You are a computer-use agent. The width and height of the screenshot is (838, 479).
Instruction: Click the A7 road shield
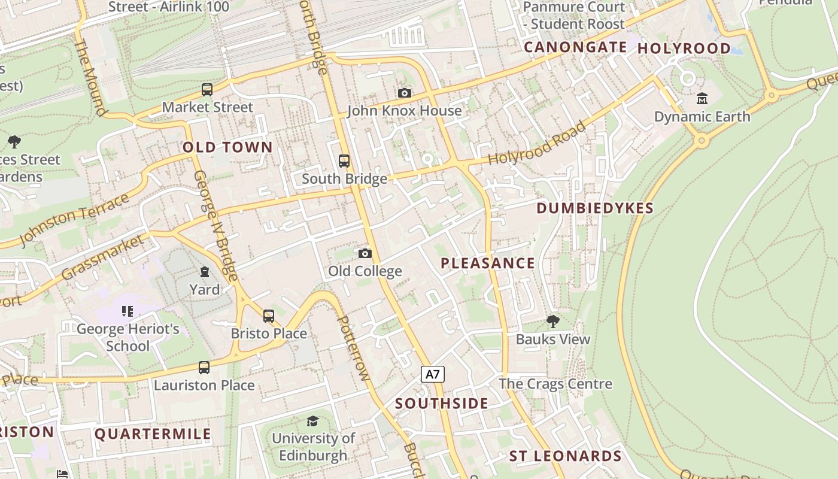click(x=433, y=375)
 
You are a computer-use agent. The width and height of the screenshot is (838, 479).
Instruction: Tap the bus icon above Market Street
click(x=207, y=90)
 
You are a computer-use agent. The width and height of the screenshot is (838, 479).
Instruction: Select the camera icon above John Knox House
click(x=405, y=93)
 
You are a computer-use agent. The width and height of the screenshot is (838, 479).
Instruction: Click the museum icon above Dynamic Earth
click(x=702, y=98)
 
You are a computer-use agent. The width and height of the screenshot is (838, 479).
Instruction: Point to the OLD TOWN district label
click(x=227, y=147)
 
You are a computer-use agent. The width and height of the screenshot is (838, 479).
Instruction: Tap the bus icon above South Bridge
click(x=344, y=160)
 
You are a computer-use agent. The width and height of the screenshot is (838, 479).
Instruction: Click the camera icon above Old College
click(x=365, y=253)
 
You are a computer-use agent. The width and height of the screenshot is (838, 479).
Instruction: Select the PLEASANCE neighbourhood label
click(x=488, y=263)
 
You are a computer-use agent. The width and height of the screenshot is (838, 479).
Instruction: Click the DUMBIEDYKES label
click(x=595, y=208)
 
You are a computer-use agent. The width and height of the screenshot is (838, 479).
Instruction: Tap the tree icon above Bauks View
click(x=553, y=322)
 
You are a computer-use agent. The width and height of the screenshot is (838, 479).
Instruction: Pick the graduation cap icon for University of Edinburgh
click(x=312, y=421)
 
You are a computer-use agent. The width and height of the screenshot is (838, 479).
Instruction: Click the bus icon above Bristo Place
click(x=269, y=316)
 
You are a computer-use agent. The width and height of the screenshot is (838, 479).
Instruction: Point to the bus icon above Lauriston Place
click(x=204, y=367)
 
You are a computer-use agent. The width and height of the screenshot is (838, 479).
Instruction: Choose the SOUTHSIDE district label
click(x=442, y=404)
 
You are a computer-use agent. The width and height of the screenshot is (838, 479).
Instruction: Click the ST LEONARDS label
click(x=565, y=456)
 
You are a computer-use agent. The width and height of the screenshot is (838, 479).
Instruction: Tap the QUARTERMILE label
click(x=153, y=434)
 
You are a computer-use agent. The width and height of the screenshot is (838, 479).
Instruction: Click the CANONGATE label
click(x=575, y=47)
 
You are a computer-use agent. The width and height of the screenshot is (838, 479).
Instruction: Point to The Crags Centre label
click(x=555, y=384)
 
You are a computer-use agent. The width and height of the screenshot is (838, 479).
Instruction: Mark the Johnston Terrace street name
click(x=74, y=219)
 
